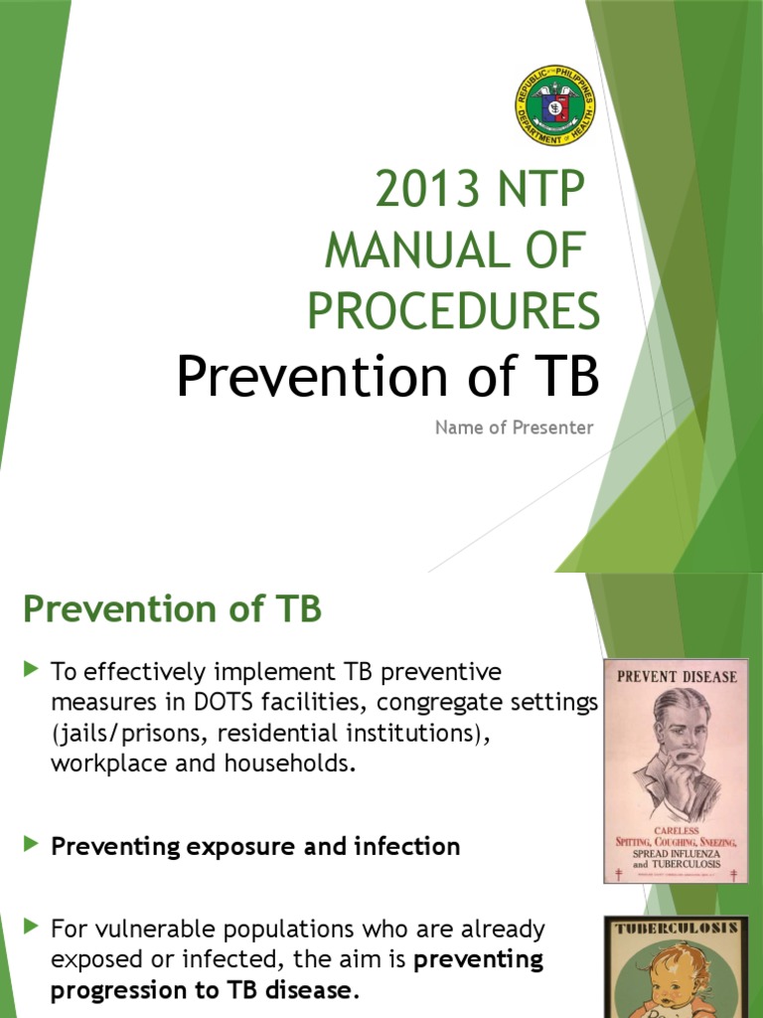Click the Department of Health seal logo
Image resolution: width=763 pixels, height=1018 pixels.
tap(555, 106)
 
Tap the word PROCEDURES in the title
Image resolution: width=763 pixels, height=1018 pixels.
tap(454, 311)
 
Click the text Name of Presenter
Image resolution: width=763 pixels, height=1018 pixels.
tap(514, 427)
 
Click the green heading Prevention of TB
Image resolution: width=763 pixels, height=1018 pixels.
tap(172, 609)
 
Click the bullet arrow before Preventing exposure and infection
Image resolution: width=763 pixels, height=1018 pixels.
tap(31, 845)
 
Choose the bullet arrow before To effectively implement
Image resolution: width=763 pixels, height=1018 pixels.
tap(31, 671)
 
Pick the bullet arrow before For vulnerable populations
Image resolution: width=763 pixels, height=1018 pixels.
tap(31, 929)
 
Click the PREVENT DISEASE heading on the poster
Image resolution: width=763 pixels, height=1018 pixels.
tap(677, 677)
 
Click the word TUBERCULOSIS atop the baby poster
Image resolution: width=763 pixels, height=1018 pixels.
tap(677, 929)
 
